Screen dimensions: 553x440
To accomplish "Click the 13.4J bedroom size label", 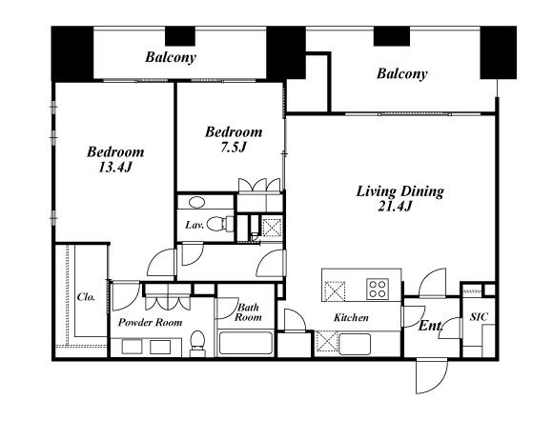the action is click(x=115, y=167).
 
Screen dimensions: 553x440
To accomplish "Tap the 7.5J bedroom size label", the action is click(x=233, y=148).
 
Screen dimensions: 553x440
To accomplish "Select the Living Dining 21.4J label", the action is click(x=399, y=198).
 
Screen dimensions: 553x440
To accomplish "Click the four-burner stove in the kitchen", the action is click(x=378, y=289).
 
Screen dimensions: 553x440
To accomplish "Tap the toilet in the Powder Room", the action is click(x=197, y=344).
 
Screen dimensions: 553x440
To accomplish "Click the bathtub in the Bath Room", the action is click(x=246, y=343).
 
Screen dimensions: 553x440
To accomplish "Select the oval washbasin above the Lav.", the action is click(x=196, y=202).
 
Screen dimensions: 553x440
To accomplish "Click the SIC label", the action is click(x=479, y=317).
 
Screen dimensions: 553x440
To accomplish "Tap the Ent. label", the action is click(x=430, y=326).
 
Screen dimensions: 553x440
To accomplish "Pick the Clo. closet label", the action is click(x=86, y=297).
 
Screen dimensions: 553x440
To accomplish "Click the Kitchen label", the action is click(x=351, y=318).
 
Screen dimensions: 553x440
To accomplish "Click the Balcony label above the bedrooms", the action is click(x=171, y=57).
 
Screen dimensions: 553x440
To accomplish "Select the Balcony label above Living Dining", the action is click(x=402, y=73).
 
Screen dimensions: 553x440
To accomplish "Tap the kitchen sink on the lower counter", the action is click(x=355, y=344).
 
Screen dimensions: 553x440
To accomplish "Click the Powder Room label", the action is click(x=150, y=322).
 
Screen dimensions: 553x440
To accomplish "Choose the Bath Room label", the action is click(x=248, y=312).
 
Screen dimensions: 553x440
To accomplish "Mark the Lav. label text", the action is click(x=195, y=225).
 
